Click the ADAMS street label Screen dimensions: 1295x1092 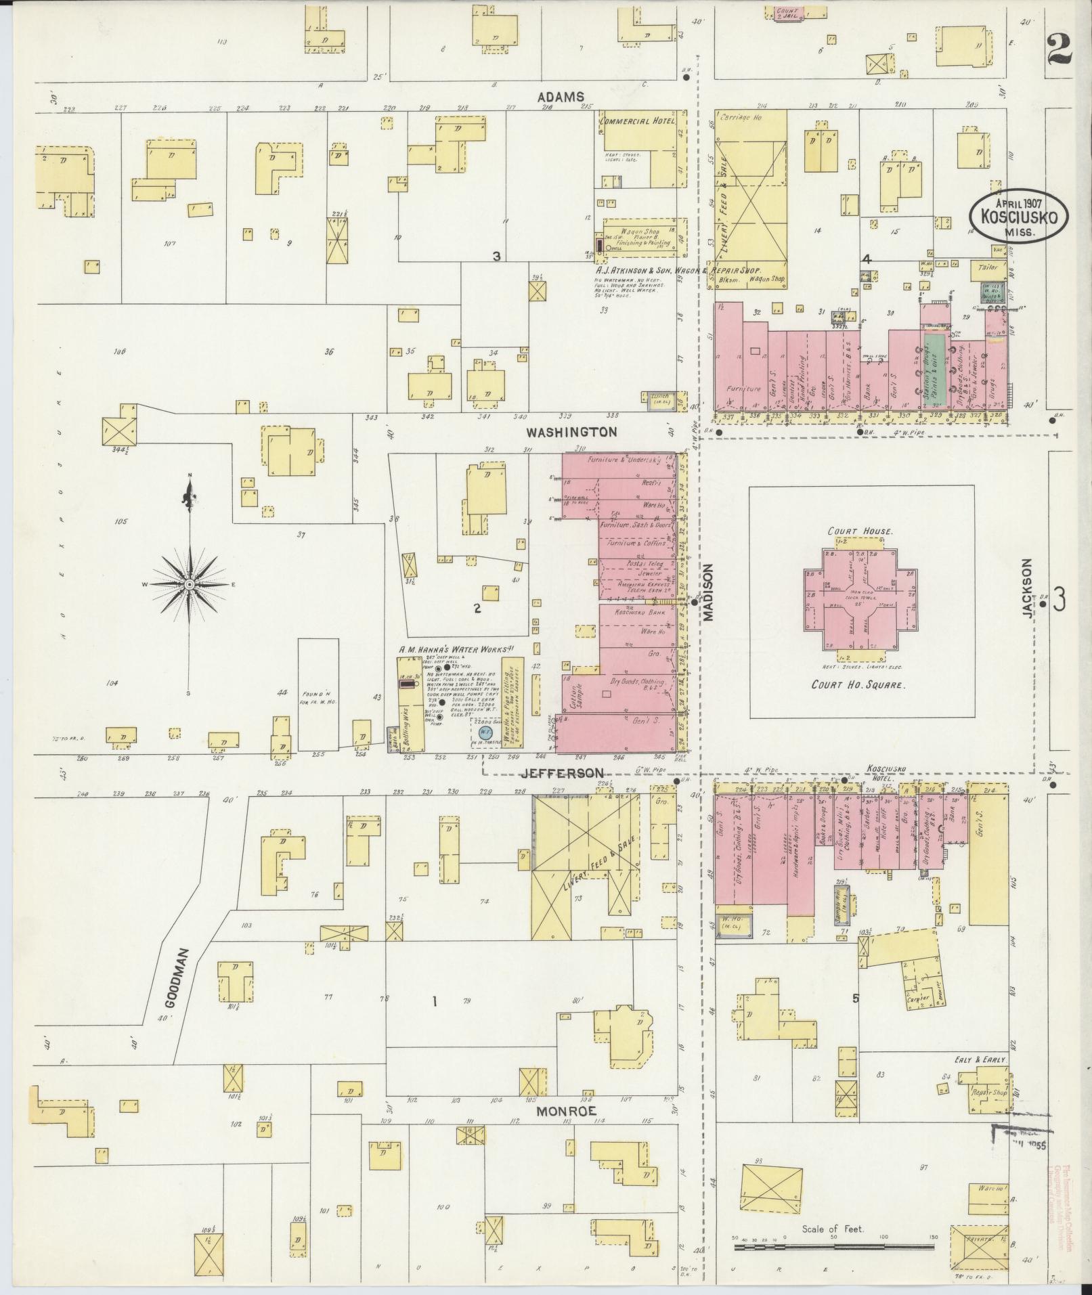(x=561, y=97)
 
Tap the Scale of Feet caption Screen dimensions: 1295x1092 (x=833, y=1228)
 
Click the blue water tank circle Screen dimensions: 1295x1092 (x=483, y=732)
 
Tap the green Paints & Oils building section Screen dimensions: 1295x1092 (x=934, y=370)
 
